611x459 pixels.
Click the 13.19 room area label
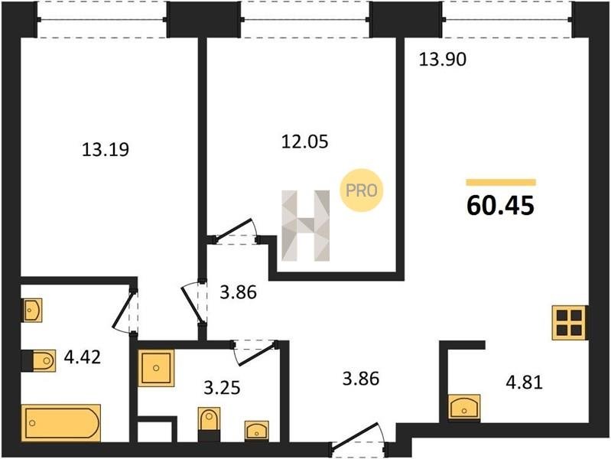tap(106, 149)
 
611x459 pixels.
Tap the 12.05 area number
tap(304, 142)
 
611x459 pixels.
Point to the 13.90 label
tap(442, 60)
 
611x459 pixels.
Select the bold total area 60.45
tap(500, 206)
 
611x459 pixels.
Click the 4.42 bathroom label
tap(83, 356)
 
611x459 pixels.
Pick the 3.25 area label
tap(222, 388)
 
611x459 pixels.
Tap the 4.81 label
tap(524, 382)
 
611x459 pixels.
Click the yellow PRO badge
tap(362, 190)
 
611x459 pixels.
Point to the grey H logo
tap(306, 226)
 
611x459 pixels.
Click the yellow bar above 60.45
tap(501, 182)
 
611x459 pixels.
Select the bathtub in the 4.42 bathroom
tap(61, 423)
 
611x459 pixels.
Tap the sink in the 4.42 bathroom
tap(32, 311)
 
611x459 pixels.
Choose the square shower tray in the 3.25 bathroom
tap(156, 368)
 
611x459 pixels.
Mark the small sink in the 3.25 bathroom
tap(257, 431)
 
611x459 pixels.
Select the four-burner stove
tap(569, 323)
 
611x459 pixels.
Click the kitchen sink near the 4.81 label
tap(464, 408)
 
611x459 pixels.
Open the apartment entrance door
tap(359, 440)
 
